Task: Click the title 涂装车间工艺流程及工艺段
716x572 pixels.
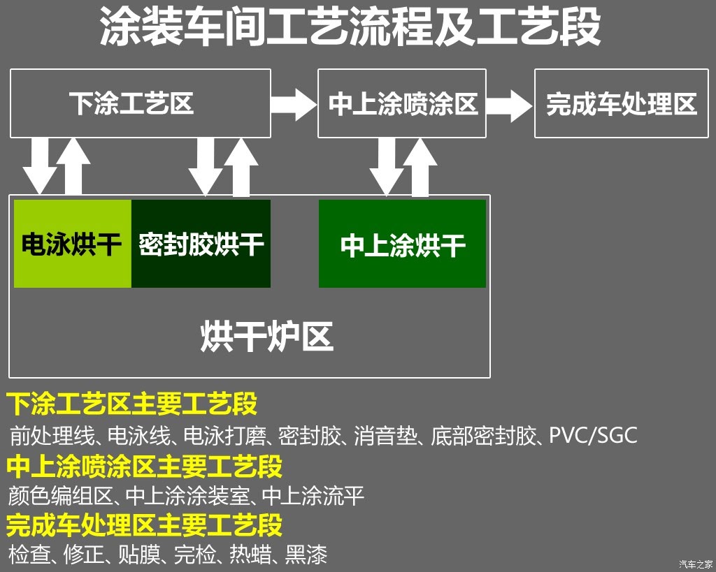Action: (350, 27)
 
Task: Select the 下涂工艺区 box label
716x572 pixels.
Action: (131, 103)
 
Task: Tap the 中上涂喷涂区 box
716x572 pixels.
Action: (402, 103)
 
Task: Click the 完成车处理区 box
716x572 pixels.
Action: (622, 103)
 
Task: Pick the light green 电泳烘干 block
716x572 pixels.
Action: (73, 244)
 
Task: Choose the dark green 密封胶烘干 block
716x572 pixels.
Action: (201, 244)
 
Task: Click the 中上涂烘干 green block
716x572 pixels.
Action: (402, 244)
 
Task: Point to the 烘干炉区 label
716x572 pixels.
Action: (266, 337)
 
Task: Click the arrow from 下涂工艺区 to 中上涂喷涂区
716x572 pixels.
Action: (294, 105)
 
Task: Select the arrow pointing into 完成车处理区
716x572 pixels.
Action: (510, 105)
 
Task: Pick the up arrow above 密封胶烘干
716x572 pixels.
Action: (241, 167)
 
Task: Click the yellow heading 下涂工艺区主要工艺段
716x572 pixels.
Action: (132, 404)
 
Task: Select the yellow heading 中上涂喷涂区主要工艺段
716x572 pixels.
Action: (145, 466)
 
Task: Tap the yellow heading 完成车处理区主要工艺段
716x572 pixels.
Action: (145, 525)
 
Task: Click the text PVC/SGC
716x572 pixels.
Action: (593, 435)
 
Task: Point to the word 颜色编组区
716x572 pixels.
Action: (60, 496)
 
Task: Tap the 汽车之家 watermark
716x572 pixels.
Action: (696, 564)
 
